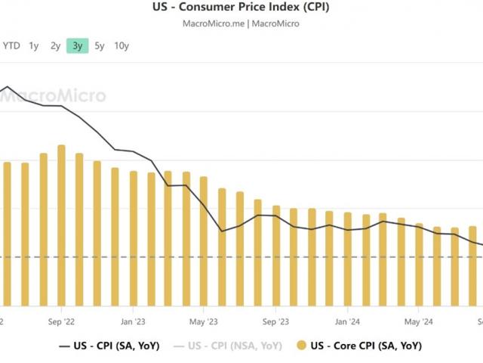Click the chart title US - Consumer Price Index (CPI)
241,8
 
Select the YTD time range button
11,46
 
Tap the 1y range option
34,46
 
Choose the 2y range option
56,46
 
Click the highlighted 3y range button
78,46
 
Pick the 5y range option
100,46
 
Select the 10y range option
122,46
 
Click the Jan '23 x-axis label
133,320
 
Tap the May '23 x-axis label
204,320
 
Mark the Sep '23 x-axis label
275,320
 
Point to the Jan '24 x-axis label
347,320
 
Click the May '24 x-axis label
419,320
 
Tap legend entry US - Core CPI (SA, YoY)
358,346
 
